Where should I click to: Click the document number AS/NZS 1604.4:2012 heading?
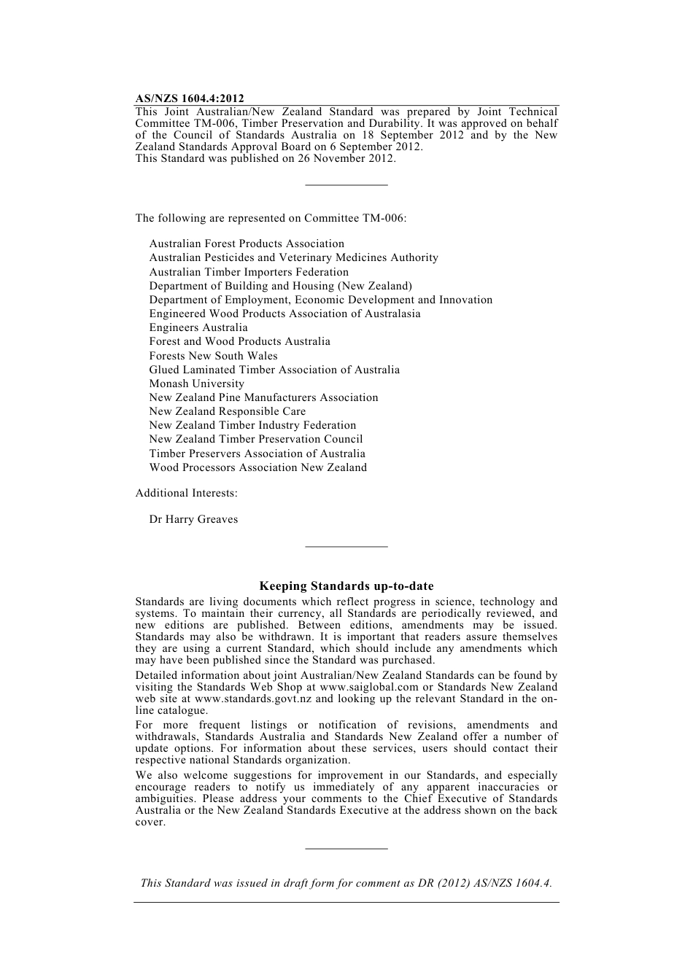coord(190,98)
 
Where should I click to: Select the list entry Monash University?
coord(197,384)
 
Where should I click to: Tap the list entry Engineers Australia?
coord(198,327)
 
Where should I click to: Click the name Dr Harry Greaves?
coord(193,519)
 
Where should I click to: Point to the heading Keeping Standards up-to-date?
coord(346,586)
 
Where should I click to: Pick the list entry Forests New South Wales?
coord(213,356)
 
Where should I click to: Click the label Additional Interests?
coord(186,493)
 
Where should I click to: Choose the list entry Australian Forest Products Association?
coord(247,244)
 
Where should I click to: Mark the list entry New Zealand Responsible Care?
coord(228,411)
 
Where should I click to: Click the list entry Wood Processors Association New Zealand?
coord(258,467)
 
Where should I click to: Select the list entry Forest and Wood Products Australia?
coord(239,341)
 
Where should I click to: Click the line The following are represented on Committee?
coord(271,218)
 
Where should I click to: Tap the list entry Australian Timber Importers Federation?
coord(249,272)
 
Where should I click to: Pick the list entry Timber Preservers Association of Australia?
coord(258,454)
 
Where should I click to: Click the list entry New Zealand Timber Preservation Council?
coord(256,439)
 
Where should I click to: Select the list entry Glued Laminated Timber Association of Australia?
coord(274,370)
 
